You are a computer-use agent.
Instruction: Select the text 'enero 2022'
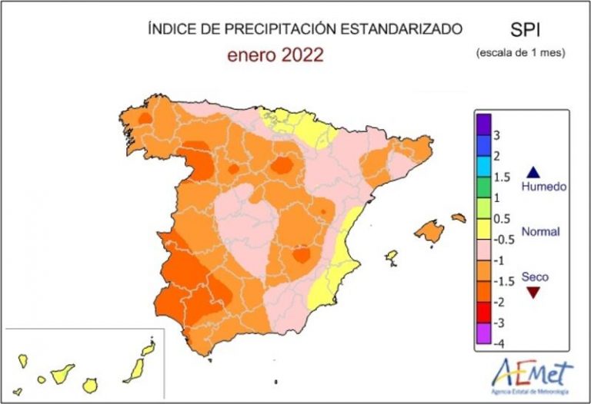[x=275, y=55]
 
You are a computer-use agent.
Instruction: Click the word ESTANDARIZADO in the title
[x=406, y=29]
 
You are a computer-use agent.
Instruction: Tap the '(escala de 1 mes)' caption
[x=520, y=53]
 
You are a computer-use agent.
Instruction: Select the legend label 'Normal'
[x=541, y=231]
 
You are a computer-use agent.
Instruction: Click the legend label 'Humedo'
[x=544, y=187]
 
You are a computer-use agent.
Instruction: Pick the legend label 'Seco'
[x=536, y=277]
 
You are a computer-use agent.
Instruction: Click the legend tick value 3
[x=498, y=136]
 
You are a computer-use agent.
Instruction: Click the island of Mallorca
[x=431, y=230]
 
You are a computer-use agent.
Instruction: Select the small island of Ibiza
[x=391, y=256]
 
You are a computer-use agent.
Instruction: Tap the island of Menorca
[x=459, y=217]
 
